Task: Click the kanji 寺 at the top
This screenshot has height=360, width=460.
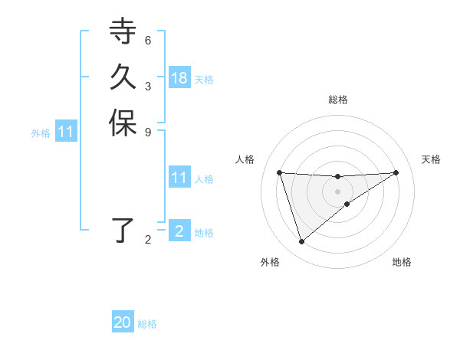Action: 123,32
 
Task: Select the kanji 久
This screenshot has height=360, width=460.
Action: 123,78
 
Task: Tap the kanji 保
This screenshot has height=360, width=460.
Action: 123,124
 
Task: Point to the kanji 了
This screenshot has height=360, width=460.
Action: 123,230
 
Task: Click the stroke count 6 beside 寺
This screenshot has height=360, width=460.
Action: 148,40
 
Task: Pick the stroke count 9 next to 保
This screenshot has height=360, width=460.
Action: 148,131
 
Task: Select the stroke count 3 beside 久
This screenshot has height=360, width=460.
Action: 148,86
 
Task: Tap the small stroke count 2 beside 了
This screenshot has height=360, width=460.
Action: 148,240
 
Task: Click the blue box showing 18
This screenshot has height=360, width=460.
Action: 179,78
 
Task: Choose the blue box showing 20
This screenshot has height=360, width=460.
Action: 123,322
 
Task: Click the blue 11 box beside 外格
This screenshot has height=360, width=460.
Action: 66,132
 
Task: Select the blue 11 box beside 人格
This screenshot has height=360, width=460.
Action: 179,178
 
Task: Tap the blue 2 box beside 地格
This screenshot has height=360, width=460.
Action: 179,231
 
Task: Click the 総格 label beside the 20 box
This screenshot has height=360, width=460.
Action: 147,324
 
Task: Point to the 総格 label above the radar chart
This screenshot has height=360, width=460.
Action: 337,100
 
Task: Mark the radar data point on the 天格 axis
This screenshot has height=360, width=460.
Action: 396,172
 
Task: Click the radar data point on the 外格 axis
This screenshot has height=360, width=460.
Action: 301,242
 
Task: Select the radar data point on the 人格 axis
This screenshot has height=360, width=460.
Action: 280,172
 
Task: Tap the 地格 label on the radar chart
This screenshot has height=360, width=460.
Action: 402,262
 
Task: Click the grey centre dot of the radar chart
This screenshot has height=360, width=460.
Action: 337,191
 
